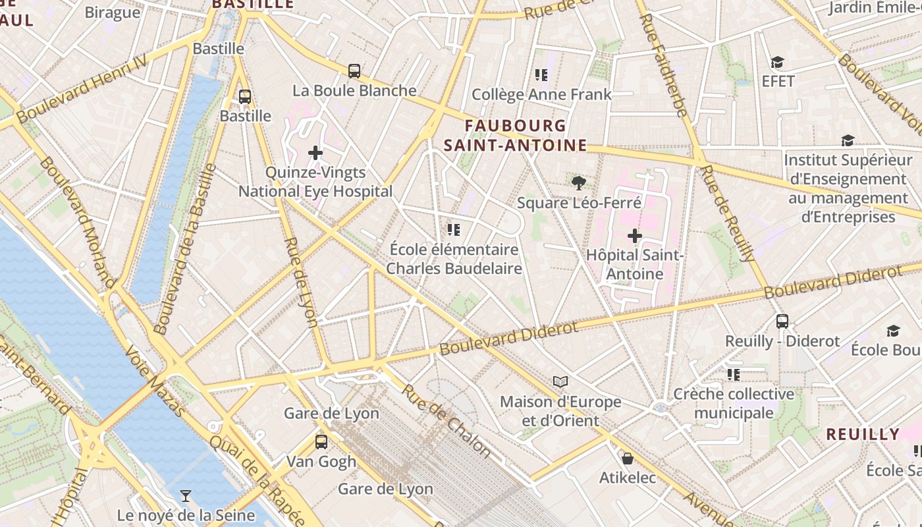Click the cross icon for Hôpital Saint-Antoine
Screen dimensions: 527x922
(x=635, y=235)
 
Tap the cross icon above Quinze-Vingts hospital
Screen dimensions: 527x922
(x=315, y=153)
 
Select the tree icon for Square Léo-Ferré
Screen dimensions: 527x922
(x=579, y=183)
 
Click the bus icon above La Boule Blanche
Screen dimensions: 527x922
(x=354, y=71)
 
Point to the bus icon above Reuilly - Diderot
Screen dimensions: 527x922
(x=782, y=321)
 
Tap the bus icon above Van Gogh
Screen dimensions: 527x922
(x=321, y=442)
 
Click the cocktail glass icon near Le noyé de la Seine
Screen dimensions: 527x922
(x=186, y=495)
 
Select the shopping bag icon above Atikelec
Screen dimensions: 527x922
(x=628, y=458)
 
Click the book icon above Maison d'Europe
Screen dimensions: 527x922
(x=560, y=382)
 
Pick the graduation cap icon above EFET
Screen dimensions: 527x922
(x=778, y=63)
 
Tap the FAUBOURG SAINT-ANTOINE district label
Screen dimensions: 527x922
(x=515, y=135)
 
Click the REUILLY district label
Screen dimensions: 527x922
(x=863, y=434)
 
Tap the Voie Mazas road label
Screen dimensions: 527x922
(x=155, y=381)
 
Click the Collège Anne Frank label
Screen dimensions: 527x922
(x=541, y=94)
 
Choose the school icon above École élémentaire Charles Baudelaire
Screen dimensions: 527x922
(x=453, y=230)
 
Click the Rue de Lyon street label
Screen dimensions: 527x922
(x=301, y=282)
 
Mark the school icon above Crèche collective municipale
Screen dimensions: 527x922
(x=734, y=375)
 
